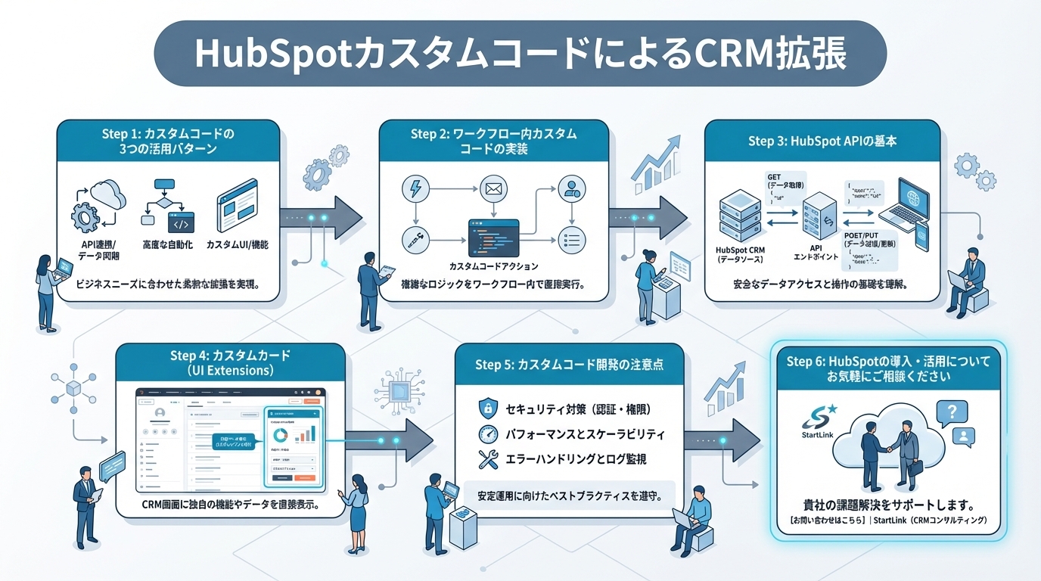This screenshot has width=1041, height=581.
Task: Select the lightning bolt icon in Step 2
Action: (414, 188)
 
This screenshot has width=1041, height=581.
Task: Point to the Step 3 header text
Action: (822, 141)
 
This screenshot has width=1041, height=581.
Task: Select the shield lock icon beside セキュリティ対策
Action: (486, 409)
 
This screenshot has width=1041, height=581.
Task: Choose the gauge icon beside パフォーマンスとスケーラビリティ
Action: (486, 434)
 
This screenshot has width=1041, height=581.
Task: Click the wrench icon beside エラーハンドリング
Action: (486, 458)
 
